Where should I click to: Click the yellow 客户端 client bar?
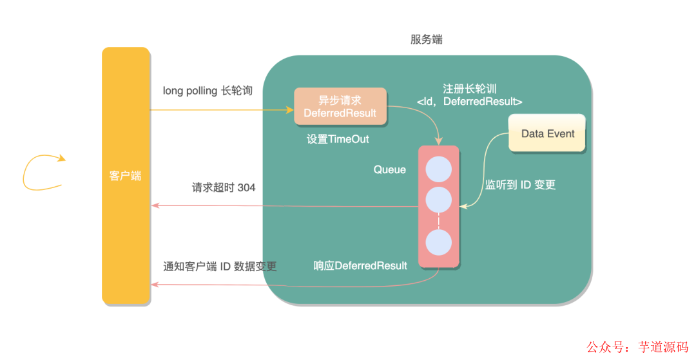click(126, 175)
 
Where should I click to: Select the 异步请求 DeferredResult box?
click(340, 106)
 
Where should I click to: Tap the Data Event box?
click(547, 133)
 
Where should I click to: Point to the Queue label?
click(390, 170)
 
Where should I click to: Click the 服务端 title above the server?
click(427, 39)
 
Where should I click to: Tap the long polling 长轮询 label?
click(208, 91)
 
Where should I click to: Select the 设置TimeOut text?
click(338, 138)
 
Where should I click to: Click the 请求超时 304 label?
click(224, 188)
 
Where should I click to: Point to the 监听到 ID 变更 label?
click(520, 185)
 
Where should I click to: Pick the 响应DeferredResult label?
click(360, 265)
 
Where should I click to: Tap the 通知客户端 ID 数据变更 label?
click(220, 266)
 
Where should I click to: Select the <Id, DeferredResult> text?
click(469, 102)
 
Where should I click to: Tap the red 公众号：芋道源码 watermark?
click(637, 347)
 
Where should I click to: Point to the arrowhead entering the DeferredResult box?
click(290, 110)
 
